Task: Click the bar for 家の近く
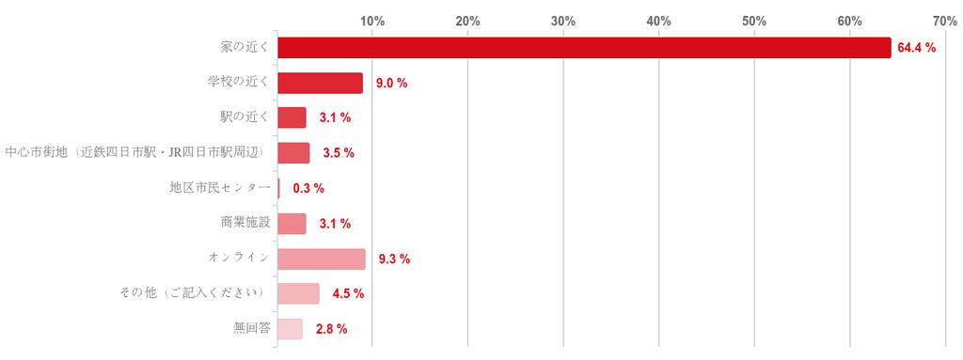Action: point(584,48)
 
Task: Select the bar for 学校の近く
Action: point(320,83)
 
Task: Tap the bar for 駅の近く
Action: point(292,117)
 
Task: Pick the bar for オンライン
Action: point(322,259)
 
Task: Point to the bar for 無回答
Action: point(290,329)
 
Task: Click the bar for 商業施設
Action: point(292,224)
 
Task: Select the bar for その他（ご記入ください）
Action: point(298,294)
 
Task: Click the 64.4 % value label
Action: point(916,48)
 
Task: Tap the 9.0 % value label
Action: point(392,83)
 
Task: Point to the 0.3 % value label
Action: point(308,189)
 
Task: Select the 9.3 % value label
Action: point(394,259)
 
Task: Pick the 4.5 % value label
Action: point(348,294)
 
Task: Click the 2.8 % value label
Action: point(332,329)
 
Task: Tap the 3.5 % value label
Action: point(339,153)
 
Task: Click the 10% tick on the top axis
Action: point(372,21)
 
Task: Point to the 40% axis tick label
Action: point(658,21)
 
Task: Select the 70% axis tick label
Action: point(944,21)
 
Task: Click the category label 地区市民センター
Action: point(219,189)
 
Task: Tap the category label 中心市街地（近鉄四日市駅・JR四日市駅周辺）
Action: point(136,153)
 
